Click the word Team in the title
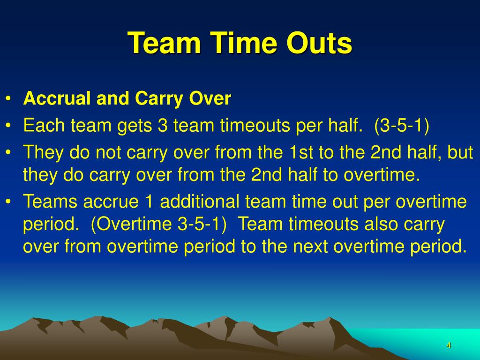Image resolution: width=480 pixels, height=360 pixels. point(164,43)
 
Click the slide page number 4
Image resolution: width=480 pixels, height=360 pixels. point(449,345)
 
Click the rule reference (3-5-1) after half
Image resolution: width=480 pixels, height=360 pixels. point(402,126)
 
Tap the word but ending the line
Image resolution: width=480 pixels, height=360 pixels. point(460,152)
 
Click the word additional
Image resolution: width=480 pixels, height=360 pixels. point(200,202)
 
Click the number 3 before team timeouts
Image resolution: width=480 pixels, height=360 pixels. point(163,126)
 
